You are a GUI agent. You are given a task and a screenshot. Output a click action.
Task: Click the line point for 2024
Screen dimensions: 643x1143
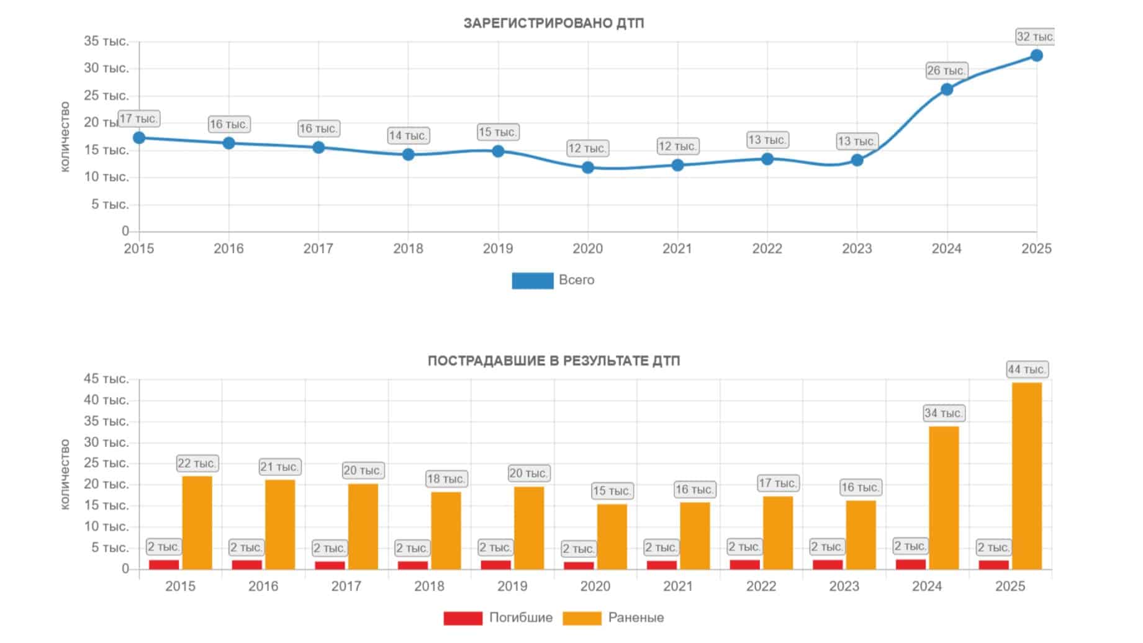[x=947, y=89]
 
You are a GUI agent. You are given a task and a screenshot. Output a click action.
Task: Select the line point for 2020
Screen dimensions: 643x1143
[x=588, y=168]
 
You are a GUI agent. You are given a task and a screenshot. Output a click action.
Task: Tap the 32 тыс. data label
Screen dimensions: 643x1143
[x=1035, y=37]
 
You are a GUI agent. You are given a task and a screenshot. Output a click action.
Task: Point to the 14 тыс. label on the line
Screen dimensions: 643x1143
[x=408, y=135]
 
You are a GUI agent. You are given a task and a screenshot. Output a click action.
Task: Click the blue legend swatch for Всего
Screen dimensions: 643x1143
[x=532, y=281]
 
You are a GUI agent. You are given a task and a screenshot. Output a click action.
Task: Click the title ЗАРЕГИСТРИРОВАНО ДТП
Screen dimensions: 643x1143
[x=554, y=24]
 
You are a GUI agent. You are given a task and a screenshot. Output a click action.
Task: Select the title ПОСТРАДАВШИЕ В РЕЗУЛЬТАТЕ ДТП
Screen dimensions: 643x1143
[x=554, y=361]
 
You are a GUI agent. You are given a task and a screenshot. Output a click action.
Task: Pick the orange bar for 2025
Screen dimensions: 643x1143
[x=1027, y=476]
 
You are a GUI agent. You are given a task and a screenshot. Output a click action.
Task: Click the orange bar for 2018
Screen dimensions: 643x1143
[x=446, y=531]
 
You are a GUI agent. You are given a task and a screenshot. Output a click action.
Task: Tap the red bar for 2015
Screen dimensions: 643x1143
[x=164, y=565]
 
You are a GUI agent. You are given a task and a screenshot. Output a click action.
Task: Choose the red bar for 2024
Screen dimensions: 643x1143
[x=910, y=564]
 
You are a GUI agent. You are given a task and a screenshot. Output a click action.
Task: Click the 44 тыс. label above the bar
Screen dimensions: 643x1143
[x=1027, y=369]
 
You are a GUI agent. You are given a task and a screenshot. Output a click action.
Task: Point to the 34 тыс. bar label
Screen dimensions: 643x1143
[x=944, y=413]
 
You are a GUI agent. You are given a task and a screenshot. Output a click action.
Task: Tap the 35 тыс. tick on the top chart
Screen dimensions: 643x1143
[x=106, y=42]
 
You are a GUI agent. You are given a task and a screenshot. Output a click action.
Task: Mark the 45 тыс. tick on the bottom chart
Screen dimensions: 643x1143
[x=106, y=379]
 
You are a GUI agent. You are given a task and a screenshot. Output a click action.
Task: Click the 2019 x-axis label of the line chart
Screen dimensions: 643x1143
[x=498, y=249]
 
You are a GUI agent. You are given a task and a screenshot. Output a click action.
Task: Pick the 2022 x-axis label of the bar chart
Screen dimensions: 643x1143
[x=761, y=587]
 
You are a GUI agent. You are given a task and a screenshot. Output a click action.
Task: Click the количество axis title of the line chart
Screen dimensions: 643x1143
[x=65, y=137]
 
